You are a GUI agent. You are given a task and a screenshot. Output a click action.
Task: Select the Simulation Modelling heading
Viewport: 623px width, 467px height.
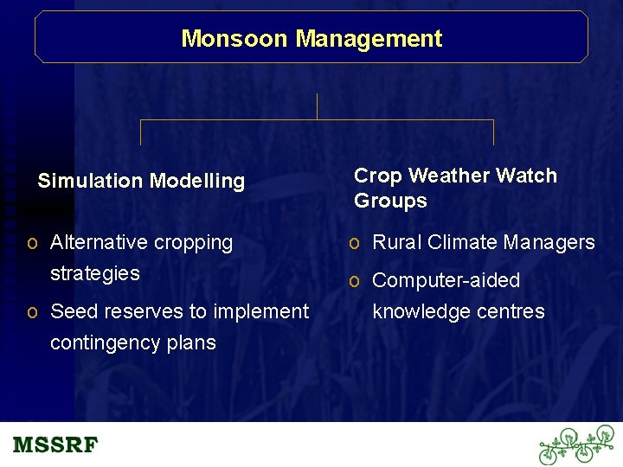[141, 182]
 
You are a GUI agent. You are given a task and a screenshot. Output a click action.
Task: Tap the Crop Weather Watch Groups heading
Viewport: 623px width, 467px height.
[455, 188]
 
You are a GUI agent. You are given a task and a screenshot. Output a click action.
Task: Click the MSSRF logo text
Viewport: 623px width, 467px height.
[55, 445]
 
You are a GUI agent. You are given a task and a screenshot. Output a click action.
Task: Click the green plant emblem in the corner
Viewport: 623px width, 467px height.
[575, 445]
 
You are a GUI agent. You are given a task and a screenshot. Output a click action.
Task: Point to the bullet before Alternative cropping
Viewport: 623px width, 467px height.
[31, 244]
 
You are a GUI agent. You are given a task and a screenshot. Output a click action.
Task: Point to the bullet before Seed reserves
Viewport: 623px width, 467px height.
[31, 312]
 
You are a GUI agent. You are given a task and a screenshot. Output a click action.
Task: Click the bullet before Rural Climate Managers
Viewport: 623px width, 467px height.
[354, 244]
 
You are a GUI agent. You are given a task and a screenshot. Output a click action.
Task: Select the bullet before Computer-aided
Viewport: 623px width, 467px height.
[354, 281]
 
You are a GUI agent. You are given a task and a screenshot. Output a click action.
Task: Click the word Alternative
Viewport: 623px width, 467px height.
[100, 243]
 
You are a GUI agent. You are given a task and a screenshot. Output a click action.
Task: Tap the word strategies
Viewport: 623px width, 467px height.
[95, 273]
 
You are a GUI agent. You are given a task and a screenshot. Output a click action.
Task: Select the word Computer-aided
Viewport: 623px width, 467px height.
[446, 281]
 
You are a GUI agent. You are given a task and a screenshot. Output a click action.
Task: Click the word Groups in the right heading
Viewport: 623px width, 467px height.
[390, 201]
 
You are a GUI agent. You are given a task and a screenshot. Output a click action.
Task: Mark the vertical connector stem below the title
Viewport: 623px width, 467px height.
[318, 106]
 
